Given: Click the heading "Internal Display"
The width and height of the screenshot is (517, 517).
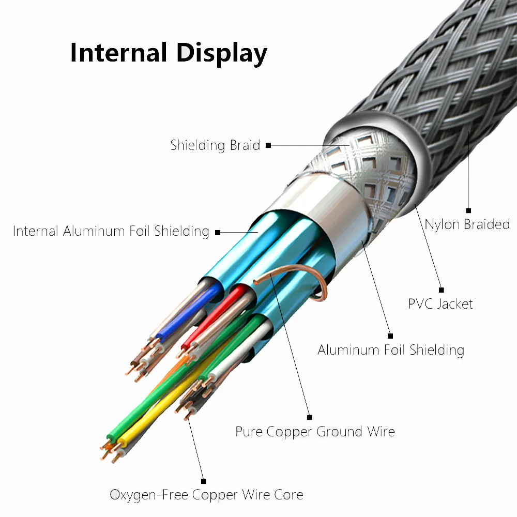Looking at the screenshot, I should pos(169,53).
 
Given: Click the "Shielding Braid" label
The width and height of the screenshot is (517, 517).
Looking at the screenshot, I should pos(215,145).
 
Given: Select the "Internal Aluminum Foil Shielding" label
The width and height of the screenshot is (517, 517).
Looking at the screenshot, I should pos(111,231).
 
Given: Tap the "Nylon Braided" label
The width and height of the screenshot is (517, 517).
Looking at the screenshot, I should pos(467,224).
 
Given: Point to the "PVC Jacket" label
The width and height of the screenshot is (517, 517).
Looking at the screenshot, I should pos(440,303).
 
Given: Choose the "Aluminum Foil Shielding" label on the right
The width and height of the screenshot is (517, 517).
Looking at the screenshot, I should pos(391,350).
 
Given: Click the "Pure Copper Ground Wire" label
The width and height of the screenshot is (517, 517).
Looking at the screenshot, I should pos(315,431).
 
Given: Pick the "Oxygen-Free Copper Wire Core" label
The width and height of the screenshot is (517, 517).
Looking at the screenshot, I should pos(206,494).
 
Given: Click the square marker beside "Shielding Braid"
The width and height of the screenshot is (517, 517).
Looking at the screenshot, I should pos(268,146).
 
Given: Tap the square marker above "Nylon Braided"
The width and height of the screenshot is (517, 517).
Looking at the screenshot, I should pos(468,210).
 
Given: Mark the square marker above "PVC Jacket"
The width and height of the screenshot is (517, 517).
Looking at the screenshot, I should pos(441,290).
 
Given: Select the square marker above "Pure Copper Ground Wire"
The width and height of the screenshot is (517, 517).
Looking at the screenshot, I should pos(310,417).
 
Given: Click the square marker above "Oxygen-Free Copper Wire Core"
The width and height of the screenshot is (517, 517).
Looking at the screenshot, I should pos(203,481).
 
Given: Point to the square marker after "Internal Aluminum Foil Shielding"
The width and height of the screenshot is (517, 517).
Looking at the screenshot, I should pos(218,232).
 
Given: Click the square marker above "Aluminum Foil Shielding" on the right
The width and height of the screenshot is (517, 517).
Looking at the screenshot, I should pos(390,336).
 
